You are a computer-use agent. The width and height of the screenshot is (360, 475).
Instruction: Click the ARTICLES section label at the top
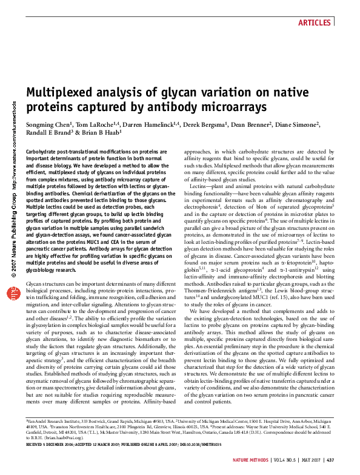pos(315,23)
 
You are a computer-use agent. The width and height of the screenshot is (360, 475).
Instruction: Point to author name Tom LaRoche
pos(97,124)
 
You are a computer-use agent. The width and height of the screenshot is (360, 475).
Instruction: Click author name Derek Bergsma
pos(208,124)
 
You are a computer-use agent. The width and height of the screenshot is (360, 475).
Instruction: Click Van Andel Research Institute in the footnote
pos(54,420)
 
